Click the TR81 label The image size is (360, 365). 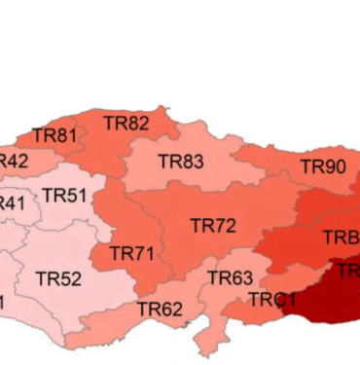click(54, 136)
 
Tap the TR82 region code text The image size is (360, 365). click(126, 124)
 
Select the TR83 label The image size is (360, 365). click(181, 162)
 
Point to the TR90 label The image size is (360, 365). click(322, 166)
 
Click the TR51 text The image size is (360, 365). click(64, 196)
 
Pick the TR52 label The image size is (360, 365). click(58, 279)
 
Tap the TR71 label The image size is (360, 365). click(132, 253)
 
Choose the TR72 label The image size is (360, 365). click(213, 226)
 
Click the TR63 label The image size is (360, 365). click(231, 279)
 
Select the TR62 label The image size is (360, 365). click(160, 310)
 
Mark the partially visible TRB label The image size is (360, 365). click(341, 238)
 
